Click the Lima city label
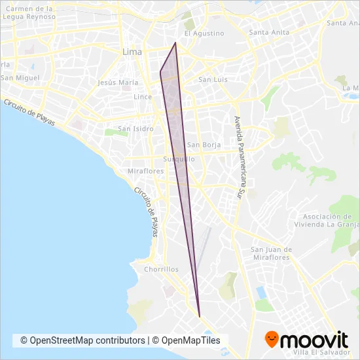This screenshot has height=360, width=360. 132,51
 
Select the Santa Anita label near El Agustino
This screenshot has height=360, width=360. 270,32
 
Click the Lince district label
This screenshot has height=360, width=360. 143,97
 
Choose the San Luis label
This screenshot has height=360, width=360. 213,80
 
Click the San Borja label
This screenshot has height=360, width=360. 202,145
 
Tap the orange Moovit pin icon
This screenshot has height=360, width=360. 273,340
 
